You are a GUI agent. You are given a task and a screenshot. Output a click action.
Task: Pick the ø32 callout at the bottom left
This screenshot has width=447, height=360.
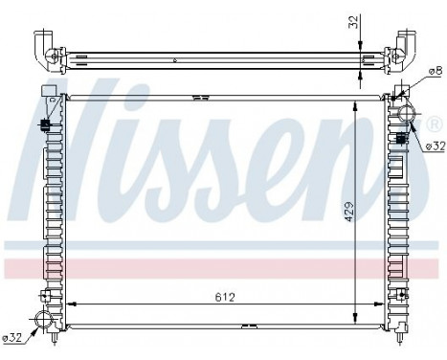coord(13,336)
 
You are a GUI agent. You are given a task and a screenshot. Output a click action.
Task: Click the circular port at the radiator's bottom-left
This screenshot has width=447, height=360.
coord(43,321)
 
